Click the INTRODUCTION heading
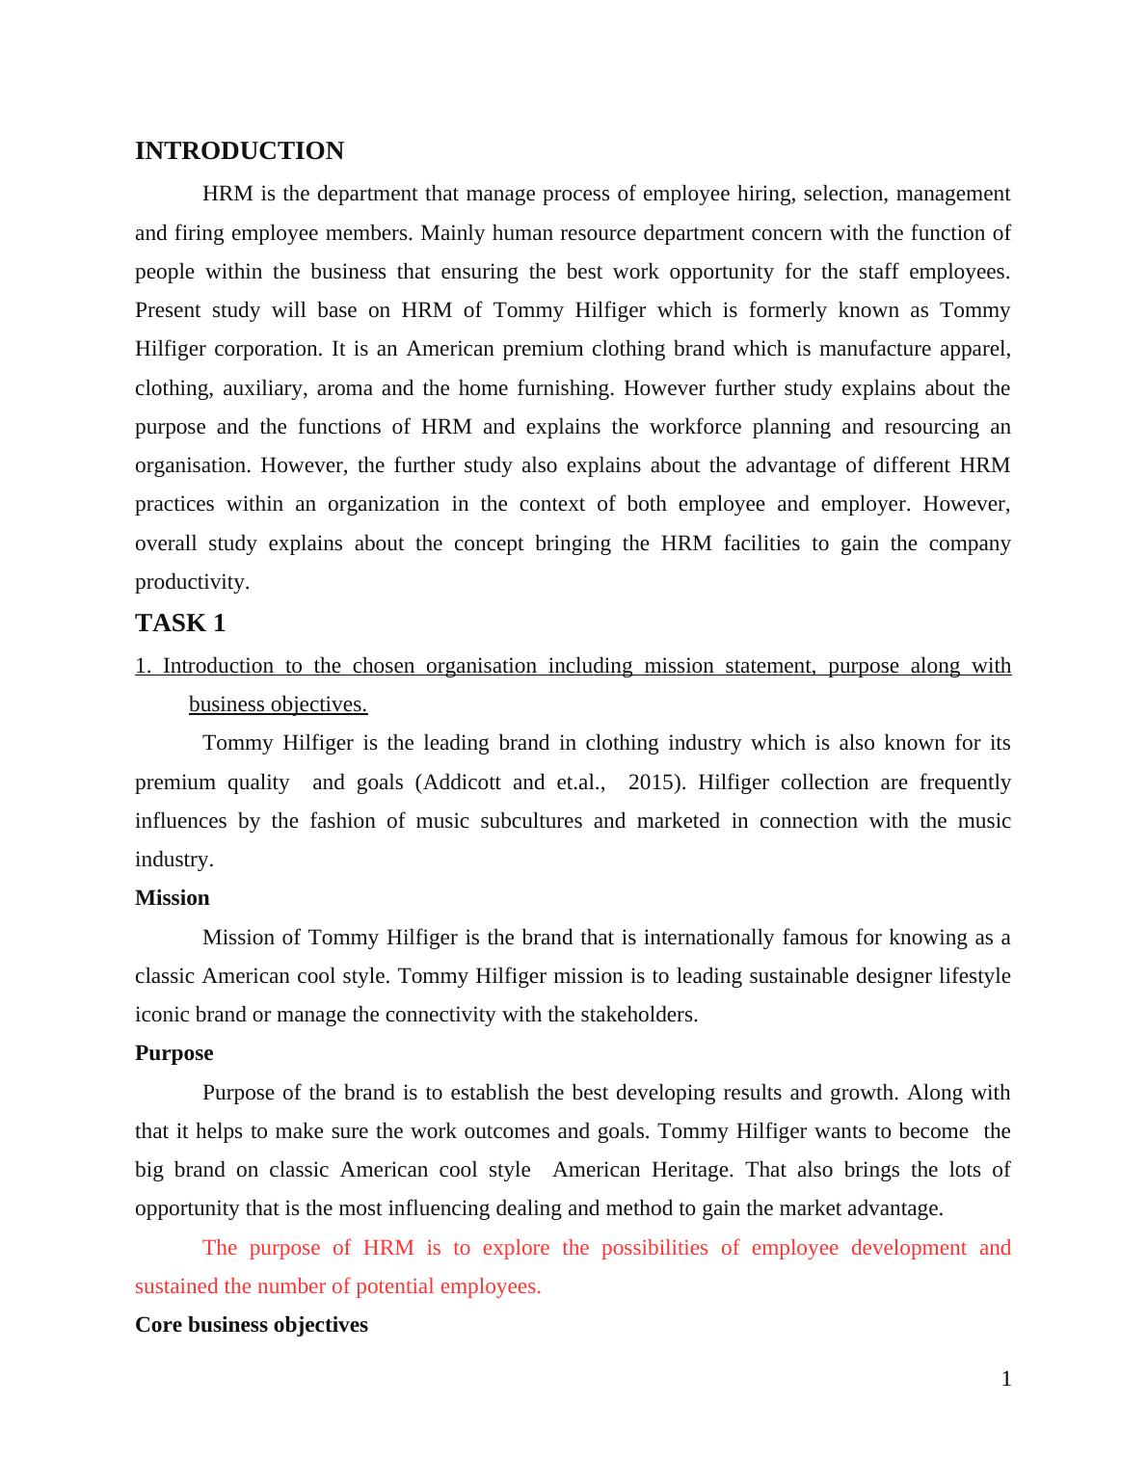point(239,151)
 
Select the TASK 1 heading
point(180,623)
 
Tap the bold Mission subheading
point(172,898)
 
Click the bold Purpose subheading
point(173,1053)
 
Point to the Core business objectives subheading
point(251,1325)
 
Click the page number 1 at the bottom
point(1006,1379)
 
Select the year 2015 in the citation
point(652,782)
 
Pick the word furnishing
point(568,388)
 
